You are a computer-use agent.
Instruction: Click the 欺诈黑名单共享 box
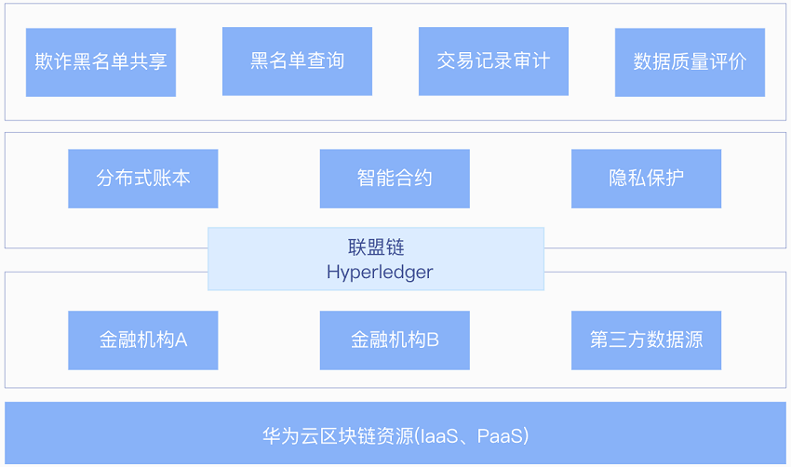point(101,62)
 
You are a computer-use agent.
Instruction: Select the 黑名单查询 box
point(297,61)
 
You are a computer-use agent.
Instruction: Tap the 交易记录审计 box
point(493,61)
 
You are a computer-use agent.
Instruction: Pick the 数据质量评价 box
point(690,62)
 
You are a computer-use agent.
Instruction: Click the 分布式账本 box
point(143,179)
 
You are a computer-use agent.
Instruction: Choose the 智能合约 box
point(395,179)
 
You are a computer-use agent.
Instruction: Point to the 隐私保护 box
point(646,179)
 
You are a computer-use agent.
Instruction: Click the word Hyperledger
point(380,273)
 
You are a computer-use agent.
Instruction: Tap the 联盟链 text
point(376,247)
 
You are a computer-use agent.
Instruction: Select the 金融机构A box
point(143,340)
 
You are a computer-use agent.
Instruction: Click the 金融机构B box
point(395,340)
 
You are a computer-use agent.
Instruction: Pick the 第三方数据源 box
point(646,340)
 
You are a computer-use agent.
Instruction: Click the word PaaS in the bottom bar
point(500,435)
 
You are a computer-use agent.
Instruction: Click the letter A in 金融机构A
point(181,340)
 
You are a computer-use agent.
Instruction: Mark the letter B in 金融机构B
point(433,340)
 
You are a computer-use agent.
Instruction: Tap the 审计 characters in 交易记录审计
point(531,61)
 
